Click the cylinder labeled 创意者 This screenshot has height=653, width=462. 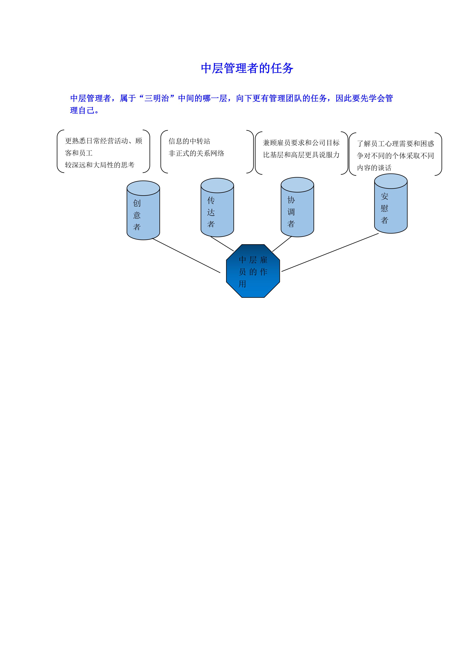[143, 210]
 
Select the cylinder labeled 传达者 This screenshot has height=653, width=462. [217, 207]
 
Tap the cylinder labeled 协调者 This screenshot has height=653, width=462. [297, 207]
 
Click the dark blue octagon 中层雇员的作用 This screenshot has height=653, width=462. [253, 271]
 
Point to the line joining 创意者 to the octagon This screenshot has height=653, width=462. [186, 255]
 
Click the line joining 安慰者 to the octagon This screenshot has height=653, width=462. [330, 252]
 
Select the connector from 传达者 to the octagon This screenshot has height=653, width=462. [222, 243]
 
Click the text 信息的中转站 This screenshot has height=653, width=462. [189, 141]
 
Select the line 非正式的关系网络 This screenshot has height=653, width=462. [196, 153]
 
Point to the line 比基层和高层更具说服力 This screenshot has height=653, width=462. [301, 155]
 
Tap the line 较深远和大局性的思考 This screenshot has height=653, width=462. [100, 165]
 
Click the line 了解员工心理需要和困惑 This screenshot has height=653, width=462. [396, 144]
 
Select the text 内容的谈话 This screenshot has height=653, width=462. [374, 168]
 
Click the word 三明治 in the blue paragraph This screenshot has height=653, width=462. [157, 98]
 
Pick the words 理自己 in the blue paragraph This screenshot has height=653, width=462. [82, 110]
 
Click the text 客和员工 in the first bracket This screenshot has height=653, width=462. [79, 153]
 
